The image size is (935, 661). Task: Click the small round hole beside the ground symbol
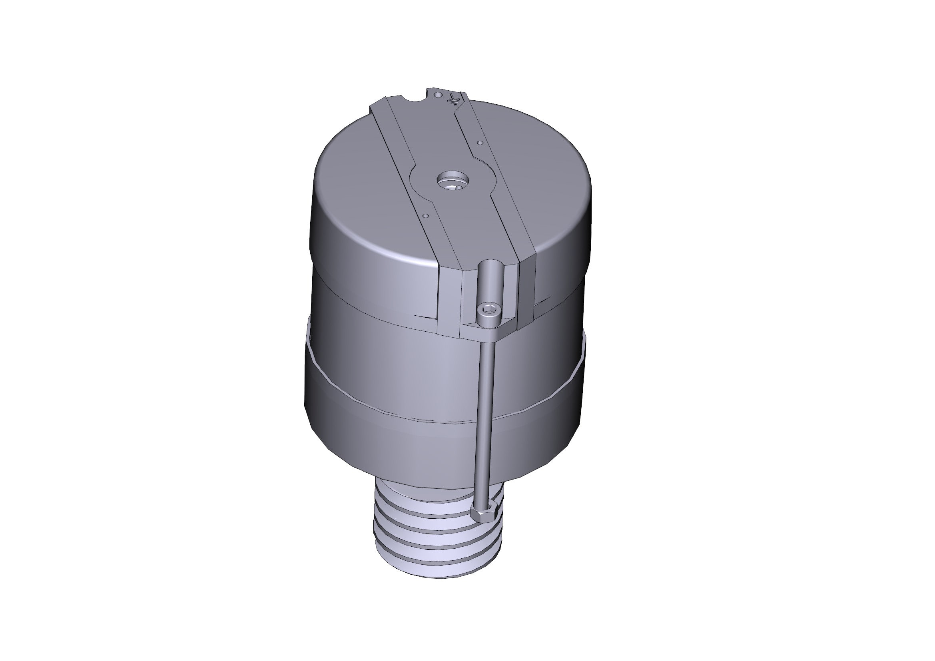click(438, 94)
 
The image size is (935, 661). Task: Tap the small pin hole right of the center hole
click(480, 143)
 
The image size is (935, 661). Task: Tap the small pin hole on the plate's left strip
click(425, 216)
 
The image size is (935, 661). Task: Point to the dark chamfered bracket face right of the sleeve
click(528, 289)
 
